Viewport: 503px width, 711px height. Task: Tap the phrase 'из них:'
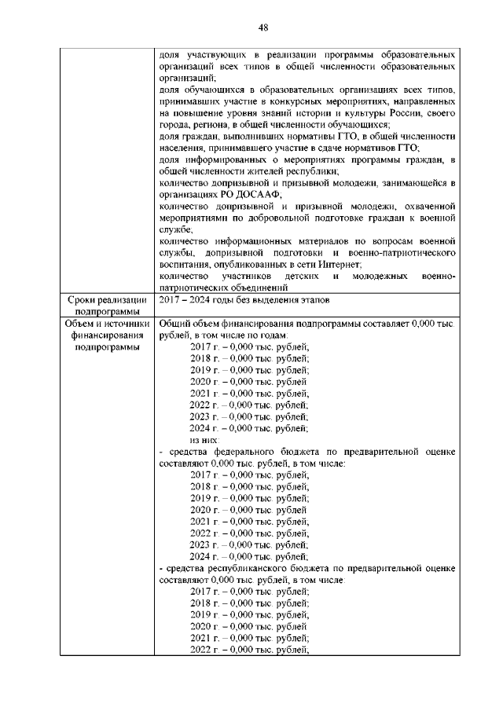pyautogui.click(x=205, y=442)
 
